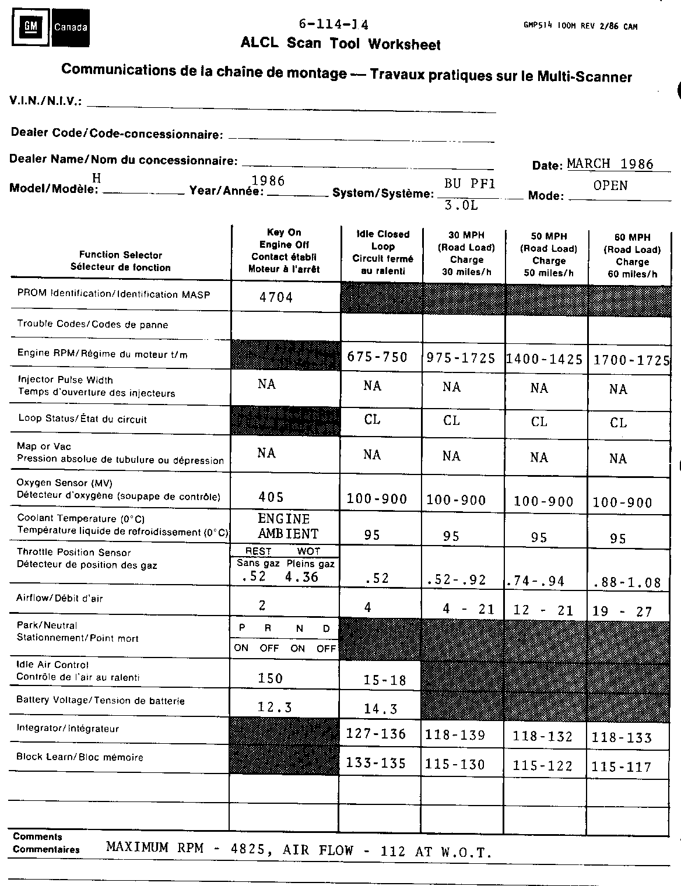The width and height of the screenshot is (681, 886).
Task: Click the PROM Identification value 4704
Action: tap(276, 297)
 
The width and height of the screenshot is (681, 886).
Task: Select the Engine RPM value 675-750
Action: tap(377, 357)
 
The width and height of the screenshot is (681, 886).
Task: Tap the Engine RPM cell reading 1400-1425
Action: tap(544, 359)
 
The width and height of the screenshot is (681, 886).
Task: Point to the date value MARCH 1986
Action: tap(610, 164)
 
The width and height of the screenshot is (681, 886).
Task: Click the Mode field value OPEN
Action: tap(610, 185)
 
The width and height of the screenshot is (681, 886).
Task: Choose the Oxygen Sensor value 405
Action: tap(271, 497)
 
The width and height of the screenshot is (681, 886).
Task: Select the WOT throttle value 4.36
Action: tap(301, 576)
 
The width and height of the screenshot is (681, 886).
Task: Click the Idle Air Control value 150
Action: tap(271, 678)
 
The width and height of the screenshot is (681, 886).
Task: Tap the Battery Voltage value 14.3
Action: tap(380, 709)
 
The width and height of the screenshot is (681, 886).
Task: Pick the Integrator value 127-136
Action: tap(376, 733)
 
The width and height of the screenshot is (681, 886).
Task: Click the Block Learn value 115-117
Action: tap(622, 767)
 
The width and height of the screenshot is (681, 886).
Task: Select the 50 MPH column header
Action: tap(549, 255)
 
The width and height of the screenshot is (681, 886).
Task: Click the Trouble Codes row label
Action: tap(93, 324)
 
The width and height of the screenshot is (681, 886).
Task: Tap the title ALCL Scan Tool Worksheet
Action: tap(340, 44)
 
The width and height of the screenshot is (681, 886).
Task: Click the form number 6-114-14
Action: tap(334, 24)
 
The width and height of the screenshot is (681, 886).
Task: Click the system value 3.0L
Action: tap(461, 205)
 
